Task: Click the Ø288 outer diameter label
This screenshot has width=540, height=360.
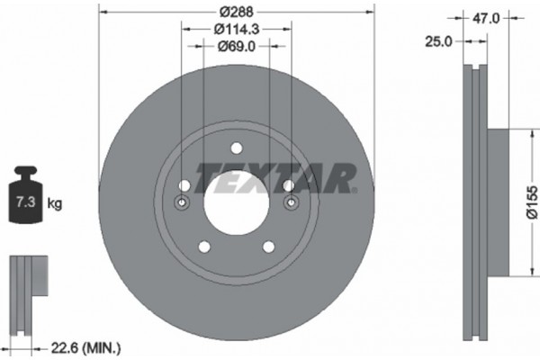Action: tap(235, 13)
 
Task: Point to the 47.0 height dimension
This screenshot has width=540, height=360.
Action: tap(486, 15)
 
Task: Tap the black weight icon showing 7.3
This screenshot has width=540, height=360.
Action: tap(24, 199)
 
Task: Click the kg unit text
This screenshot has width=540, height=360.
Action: tap(54, 204)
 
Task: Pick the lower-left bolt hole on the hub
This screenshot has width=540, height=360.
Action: tap(203, 246)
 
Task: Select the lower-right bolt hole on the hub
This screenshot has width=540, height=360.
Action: tap(267, 246)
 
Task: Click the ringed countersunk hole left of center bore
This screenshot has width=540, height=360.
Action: tap(183, 203)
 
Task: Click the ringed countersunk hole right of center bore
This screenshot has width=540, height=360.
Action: tap(290, 203)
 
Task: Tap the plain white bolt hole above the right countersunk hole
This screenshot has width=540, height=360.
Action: tap(289, 185)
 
